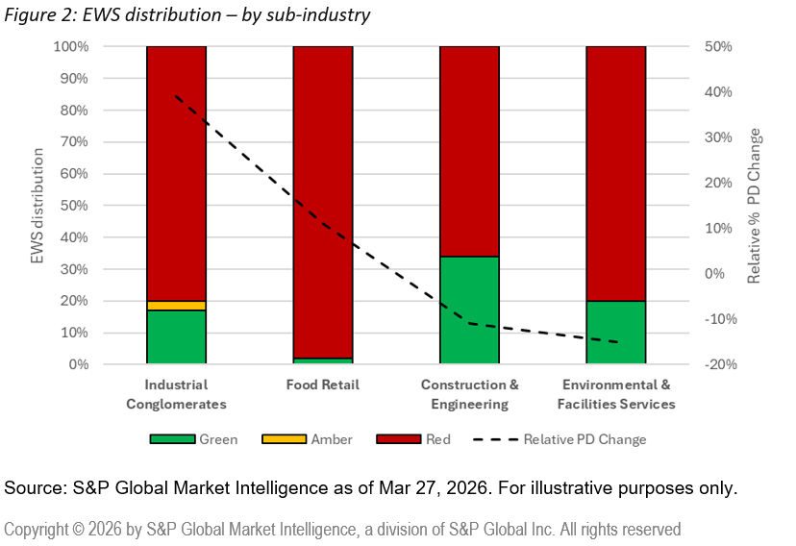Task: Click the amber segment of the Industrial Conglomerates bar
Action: coord(176,306)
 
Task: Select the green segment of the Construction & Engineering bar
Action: coord(469,310)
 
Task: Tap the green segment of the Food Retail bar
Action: coord(323,361)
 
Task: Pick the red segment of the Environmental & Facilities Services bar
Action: coord(615,173)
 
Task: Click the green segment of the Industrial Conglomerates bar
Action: coord(176,337)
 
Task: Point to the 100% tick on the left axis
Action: coord(70,46)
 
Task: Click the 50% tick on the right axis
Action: coord(718,46)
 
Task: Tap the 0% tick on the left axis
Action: coord(78,364)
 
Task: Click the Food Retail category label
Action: coord(323,385)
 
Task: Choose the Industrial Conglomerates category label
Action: coord(176,394)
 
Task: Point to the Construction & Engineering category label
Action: coord(469,394)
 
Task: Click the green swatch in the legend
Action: coord(172,439)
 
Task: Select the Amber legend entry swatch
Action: coord(284,439)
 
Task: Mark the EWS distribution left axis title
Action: coord(37,206)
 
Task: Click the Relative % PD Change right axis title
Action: coord(756,206)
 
